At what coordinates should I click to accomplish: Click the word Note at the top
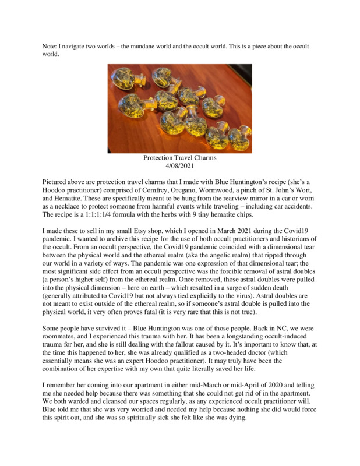[51, 46]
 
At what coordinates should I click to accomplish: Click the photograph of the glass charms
[179, 108]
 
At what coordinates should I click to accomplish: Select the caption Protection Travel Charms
[179, 158]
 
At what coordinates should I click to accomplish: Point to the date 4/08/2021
[179, 165]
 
